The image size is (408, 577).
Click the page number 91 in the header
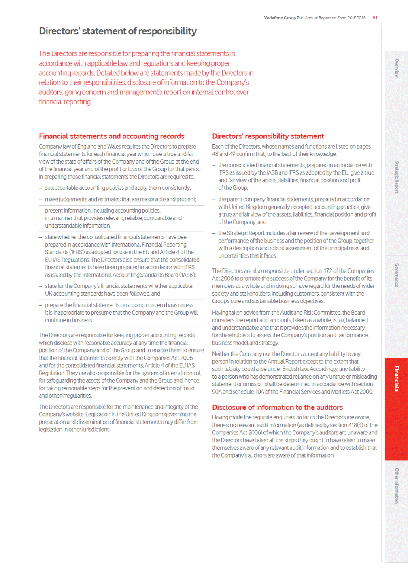(375, 18)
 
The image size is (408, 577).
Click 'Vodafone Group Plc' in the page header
(283, 18)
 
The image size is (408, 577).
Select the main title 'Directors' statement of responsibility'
(118, 31)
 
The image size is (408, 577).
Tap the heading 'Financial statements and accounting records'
(111, 136)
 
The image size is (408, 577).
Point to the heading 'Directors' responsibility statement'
(268, 136)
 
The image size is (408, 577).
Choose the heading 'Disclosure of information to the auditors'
(277, 407)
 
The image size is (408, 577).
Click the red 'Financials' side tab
(397, 379)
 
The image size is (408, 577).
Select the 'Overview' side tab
(397, 68)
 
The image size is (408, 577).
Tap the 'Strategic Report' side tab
(397, 177)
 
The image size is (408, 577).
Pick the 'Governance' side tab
(397, 275)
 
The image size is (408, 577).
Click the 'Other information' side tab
(397, 486)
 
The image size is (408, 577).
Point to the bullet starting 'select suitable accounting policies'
(118, 188)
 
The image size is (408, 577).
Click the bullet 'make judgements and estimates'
(121, 199)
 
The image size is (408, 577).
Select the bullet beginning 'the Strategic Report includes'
(296, 244)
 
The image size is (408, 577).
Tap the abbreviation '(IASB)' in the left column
(187, 275)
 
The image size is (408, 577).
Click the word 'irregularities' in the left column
(76, 396)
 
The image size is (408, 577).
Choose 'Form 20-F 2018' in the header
(351, 18)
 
